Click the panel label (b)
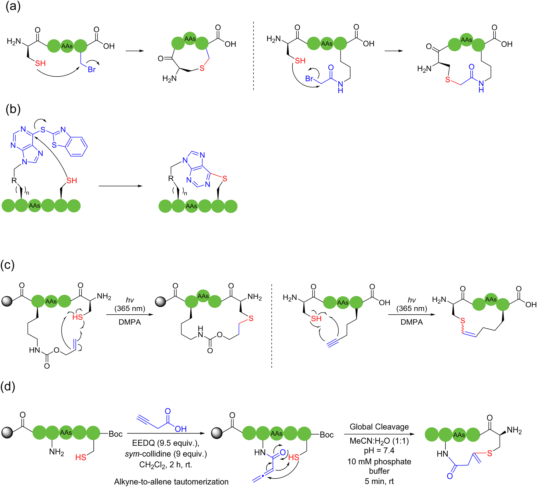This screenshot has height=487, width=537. pos(13,109)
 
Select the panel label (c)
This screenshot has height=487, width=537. pos(8,265)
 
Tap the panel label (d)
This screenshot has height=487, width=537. pos(8,386)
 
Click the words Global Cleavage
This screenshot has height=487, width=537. pos(379,427)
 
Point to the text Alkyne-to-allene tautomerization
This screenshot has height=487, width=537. pos(171,482)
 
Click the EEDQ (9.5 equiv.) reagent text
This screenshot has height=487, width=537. pos(166,443)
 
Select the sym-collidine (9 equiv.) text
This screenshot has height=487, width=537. pos(166,454)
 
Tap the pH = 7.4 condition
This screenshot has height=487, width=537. pos(379,450)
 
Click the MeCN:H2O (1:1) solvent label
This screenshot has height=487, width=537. pos(379,441)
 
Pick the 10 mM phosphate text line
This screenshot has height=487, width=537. pos(379,462)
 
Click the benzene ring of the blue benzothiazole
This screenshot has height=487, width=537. pos(77,147)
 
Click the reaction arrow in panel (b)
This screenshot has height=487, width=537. pos(121,186)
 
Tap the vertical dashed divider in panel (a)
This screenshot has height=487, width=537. pos(253,56)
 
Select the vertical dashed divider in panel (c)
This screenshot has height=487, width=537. pos(272,326)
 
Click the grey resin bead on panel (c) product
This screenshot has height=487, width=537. pos(161,301)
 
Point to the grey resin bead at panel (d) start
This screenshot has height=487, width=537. pos(7,433)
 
